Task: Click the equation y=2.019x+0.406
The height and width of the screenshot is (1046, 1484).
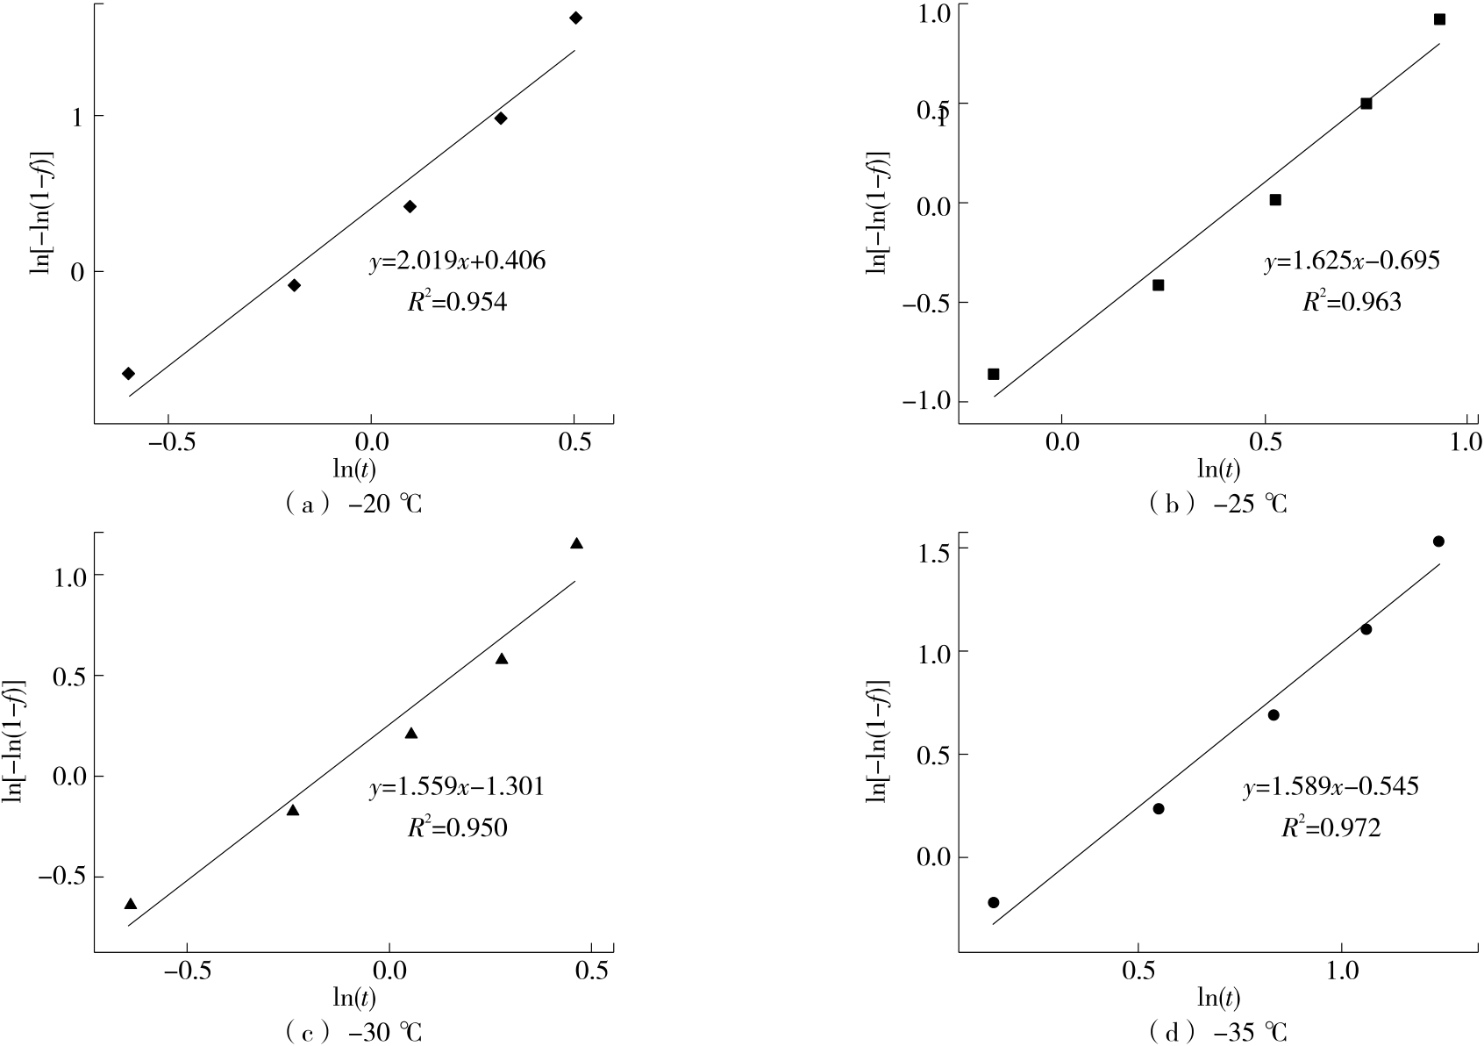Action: (457, 261)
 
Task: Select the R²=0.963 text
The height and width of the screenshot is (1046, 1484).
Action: (1352, 303)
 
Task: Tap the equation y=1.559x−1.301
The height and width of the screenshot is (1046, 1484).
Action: (456, 787)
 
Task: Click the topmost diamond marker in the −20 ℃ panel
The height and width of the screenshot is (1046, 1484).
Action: (575, 18)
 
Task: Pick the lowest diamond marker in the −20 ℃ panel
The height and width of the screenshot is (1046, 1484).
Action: (128, 374)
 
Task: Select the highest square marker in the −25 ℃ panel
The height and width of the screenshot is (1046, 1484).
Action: (1439, 19)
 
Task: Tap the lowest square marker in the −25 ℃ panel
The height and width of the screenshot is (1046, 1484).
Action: (994, 374)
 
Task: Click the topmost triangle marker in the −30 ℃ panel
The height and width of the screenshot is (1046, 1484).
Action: (576, 544)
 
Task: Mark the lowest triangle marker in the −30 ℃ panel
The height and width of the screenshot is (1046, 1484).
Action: (131, 904)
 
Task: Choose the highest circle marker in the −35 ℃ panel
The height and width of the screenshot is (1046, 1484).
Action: (1438, 541)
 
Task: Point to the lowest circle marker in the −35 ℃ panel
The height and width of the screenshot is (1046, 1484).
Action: (994, 902)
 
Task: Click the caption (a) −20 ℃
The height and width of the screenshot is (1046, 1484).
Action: (353, 505)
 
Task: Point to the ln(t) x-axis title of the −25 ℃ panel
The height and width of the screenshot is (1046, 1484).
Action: (1220, 469)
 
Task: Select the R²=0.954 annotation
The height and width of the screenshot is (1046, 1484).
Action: (457, 303)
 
